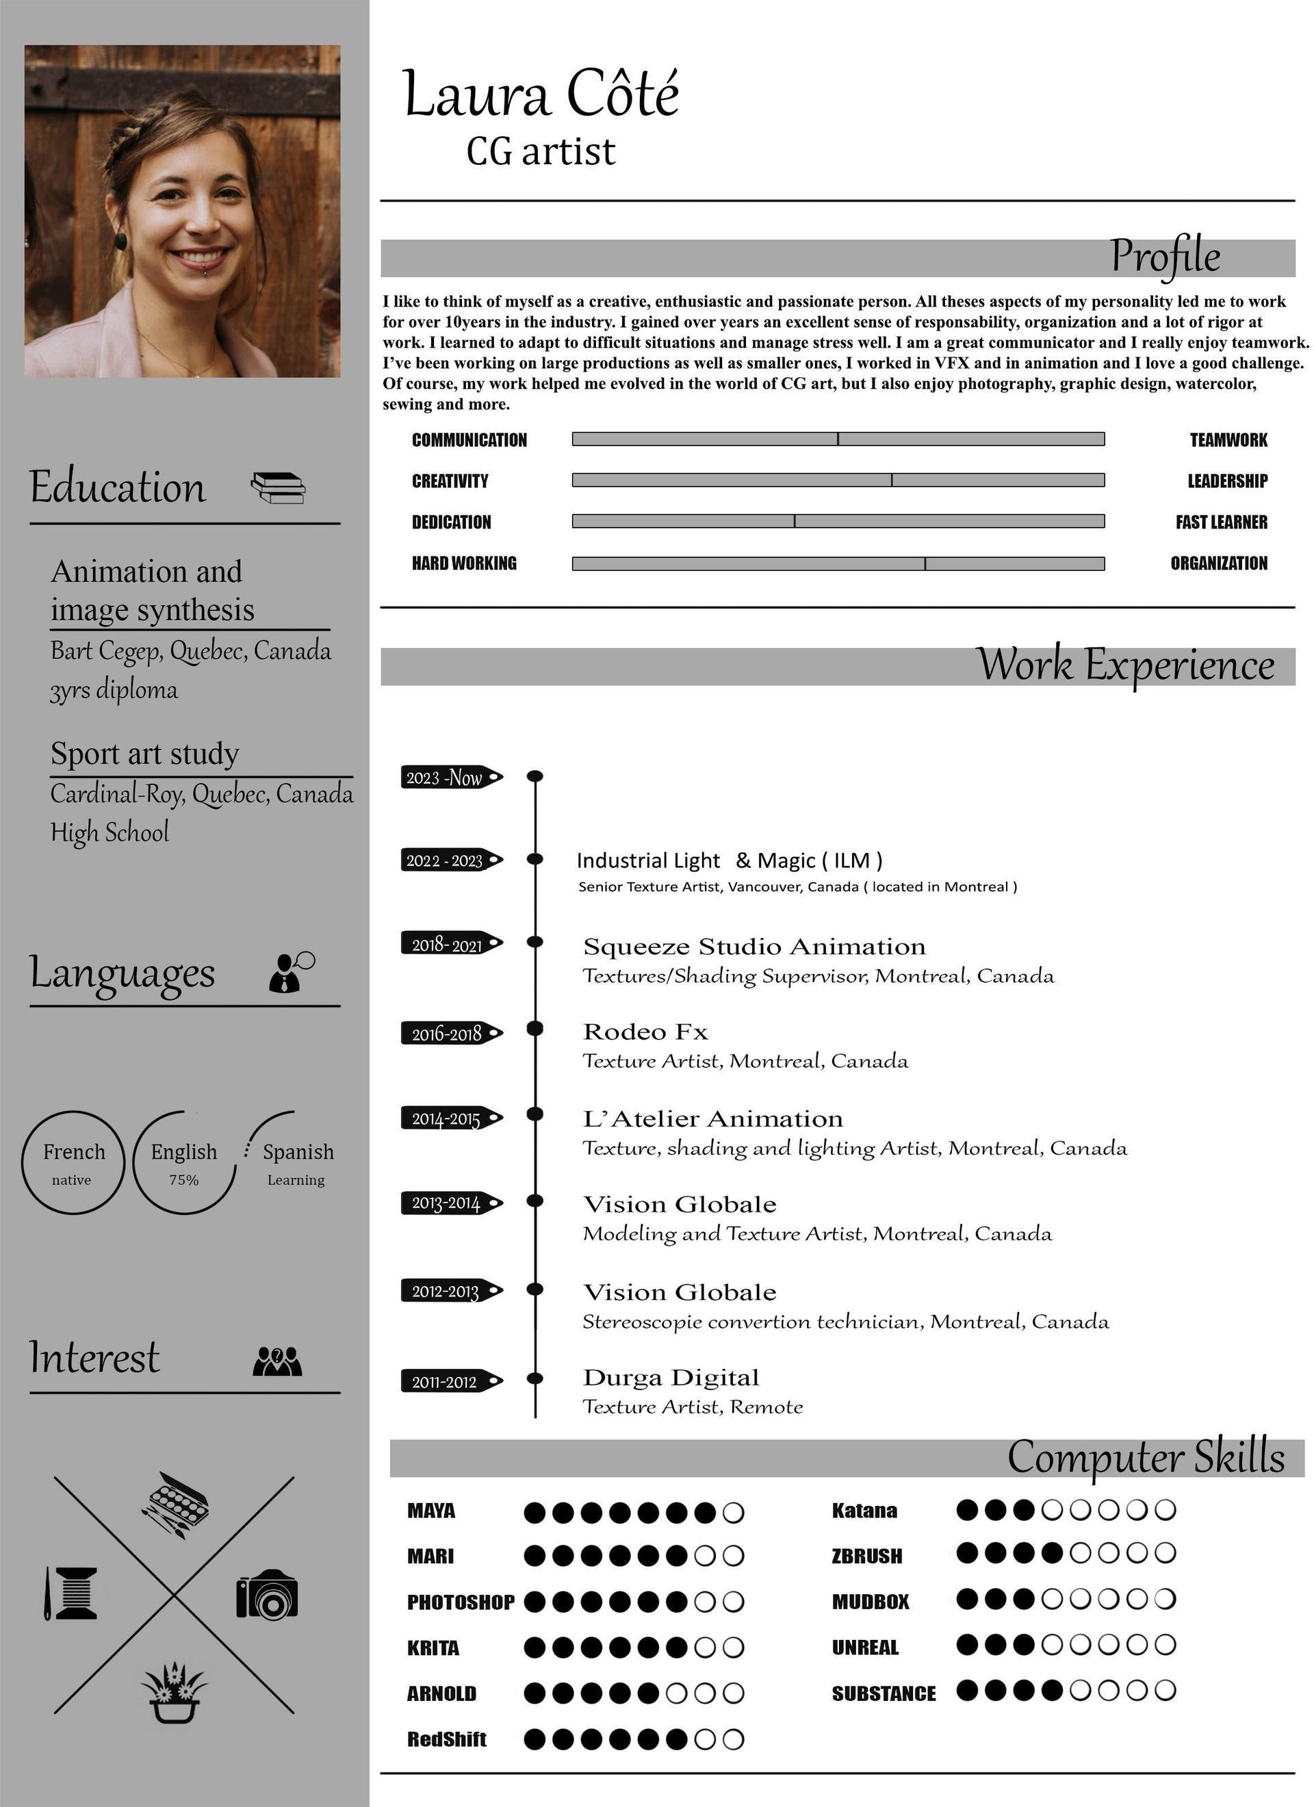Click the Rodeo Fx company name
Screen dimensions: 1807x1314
pos(645,1031)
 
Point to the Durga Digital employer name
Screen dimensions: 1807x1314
pos(671,1378)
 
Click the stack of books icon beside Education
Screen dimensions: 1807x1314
pos(278,487)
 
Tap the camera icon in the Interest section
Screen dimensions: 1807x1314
pos(267,1594)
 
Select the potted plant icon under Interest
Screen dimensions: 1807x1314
pos(174,1691)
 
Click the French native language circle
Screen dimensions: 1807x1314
pos(73,1162)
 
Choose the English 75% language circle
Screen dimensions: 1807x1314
pos(184,1162)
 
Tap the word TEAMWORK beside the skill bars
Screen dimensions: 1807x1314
pos(1228,440)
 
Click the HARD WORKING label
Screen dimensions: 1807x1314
pos(464,563)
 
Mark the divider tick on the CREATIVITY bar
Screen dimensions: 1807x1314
pos(892,480)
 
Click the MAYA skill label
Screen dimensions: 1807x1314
pos(431,1511)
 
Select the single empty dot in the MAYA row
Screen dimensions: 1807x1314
pos(733,1512)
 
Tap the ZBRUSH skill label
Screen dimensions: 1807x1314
pos(867,1556)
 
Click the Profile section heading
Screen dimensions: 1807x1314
pos(1165,257)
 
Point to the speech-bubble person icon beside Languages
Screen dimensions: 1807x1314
pos(291,971)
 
